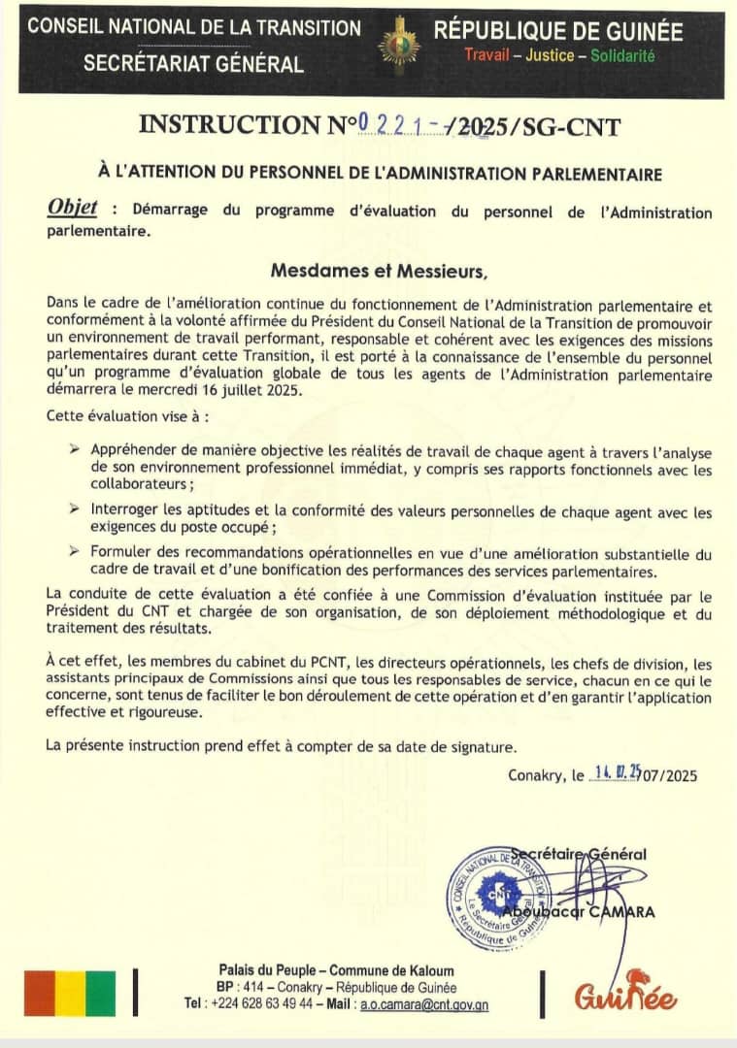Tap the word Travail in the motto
(486, 55)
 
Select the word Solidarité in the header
(622, 55)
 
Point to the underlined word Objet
(72, 209)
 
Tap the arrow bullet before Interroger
(75, 508)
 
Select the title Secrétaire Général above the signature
(592, 854)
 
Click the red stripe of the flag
(39, 993)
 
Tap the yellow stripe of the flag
(70, 993)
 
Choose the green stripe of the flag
(100, 993)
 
